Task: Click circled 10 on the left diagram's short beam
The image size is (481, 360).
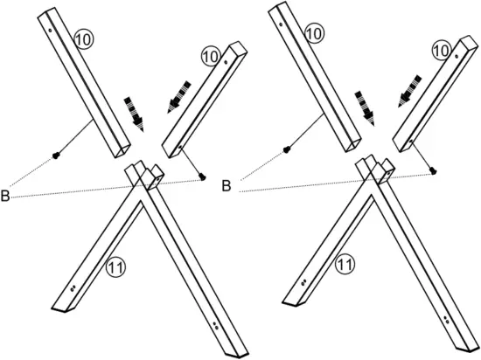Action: click(x=210, y=56)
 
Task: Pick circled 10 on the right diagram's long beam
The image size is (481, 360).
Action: click(x=316, y=34)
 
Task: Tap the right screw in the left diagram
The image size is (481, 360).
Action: click(x=204, y=176)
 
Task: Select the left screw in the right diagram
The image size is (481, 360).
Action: click(x=287, y=149)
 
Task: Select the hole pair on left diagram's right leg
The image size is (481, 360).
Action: click(x=215, y=327)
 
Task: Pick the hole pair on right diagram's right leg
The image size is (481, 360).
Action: click(x=446, y=321)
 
